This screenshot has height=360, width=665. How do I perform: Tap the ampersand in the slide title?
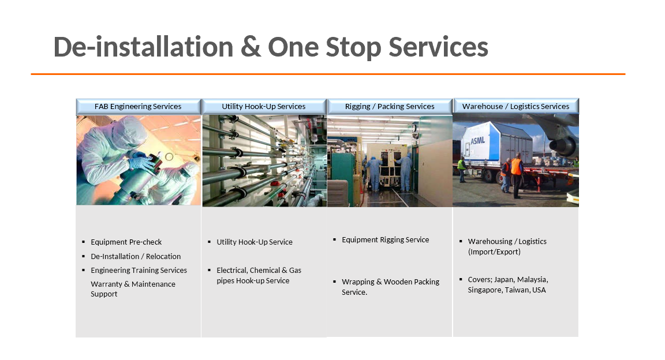pyautogui.click(x=251, y=47)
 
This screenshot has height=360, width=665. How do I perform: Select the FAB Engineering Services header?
pyautogui.click(x=139, y=106)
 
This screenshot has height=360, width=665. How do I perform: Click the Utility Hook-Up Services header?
pyautogui.click(x=264, y=106)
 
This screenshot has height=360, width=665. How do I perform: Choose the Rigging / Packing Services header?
pyautogui.click(x=390, y=106)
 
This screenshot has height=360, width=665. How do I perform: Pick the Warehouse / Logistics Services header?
pyautogui.click(x=515, y=106)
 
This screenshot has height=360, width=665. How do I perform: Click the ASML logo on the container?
pyautogui.click(x=477, y=140)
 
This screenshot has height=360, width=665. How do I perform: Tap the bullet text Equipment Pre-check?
pyautogui.click(x=126, y=242)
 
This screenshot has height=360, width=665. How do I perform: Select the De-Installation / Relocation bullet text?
pyautogui.click(x=136, y=257)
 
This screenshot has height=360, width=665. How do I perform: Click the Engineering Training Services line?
pyautogui.click(x=139, y=271)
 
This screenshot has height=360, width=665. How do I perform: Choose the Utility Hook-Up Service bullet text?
pyautogui.click(x=255, y=242)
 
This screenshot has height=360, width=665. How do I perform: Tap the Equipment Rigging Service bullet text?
pyautogui.click(x=385, y=240)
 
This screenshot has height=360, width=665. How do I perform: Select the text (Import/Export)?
pyautogui.click(x=494, y=252)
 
